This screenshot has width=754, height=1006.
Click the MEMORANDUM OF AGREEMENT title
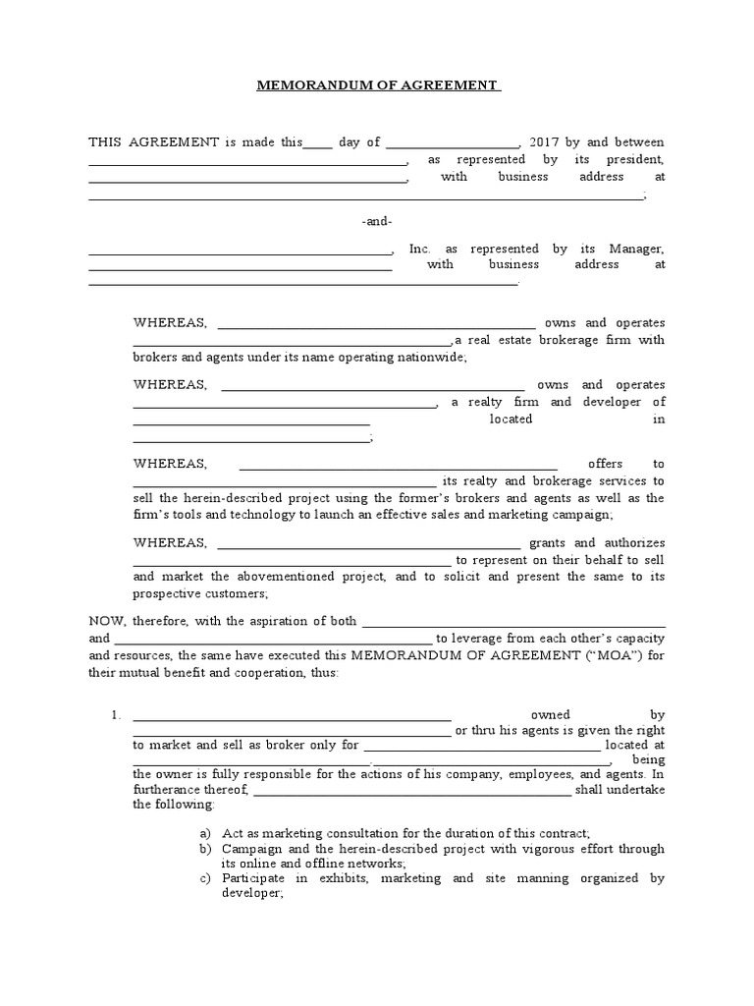(x=377, y=85)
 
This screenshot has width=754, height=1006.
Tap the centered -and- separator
(x=376, y=222)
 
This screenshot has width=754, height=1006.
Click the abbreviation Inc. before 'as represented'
(x=419, y=250)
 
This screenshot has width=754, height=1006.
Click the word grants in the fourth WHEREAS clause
(x=548, y=542)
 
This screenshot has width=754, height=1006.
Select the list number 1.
(x=114, y=714)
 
